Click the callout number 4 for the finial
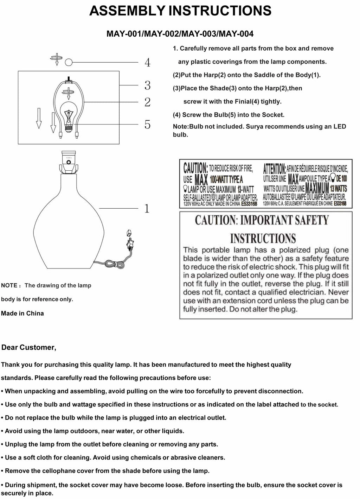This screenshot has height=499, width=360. (x=147, y=63)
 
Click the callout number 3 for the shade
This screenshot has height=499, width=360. (x=147, y=85)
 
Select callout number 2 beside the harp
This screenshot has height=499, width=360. (x=147, y=102)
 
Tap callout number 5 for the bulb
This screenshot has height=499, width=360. (x=147, y=124)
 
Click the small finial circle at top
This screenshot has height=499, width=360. (x=69, y=62)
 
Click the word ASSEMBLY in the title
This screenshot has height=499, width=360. (x=127, y=11)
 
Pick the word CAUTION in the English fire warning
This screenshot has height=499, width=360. (x=195, y=168)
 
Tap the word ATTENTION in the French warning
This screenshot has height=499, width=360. (x=274, y=169)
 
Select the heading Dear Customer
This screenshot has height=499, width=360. (x=29, y=348)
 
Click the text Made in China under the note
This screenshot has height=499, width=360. (x=22, y=313)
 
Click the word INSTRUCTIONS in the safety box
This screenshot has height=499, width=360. (x=263, y=238)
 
